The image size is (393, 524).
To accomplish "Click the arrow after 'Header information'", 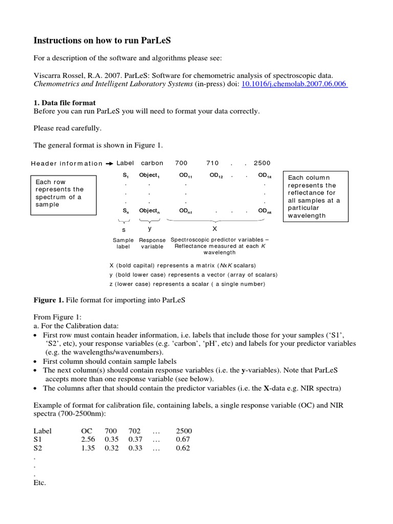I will pyautogui.click(x=110, y=164).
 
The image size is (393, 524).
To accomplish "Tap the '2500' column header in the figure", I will pyautogui.click(x=261, y=163).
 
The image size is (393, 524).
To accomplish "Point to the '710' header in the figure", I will pyautogui.click(x=212, y=163).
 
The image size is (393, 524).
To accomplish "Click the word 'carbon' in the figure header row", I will pyautogui.click(x=152, y=163).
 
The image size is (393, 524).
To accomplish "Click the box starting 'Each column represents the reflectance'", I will pyautogui.click(x=315, y=196).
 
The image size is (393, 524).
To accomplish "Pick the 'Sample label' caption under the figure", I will pyautogui.click(x=123, y=243).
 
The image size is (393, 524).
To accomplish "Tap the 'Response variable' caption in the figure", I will pyautogui.click(x=152, y=243).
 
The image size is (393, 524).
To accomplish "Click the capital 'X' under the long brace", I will pyautogui.click(x=214, y=229).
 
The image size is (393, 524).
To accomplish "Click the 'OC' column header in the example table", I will pyautogui.click(x=86, y=431).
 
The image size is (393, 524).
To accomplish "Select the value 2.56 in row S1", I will pyautogui.click(x=88, y=440).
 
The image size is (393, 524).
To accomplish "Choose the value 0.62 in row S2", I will pyautogui.click(x=183, y=448).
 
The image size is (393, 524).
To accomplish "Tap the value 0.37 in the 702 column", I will pyautogui.click(x=135, y=440).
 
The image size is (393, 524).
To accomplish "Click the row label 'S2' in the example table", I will pyautogui.click(x=39, y=448).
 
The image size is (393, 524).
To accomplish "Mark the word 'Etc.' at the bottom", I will pyautogui.click(x=40, y=483).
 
